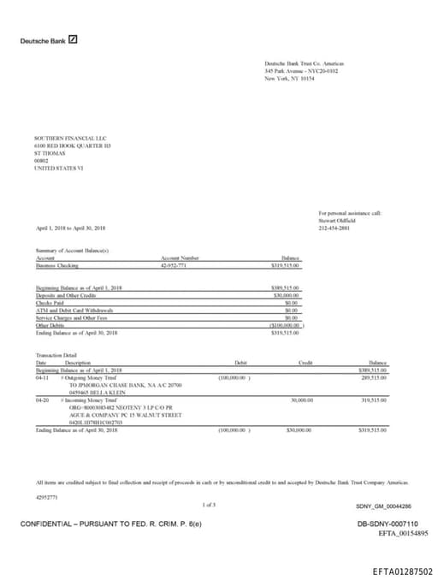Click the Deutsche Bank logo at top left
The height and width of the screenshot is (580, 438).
pos(49,39)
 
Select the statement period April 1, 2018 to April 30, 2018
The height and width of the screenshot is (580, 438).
pos(71,228)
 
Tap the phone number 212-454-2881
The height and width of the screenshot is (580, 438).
pos(334,228)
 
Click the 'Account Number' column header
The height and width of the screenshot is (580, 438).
pos(180,257)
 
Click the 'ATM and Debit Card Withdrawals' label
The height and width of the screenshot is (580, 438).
pos(74,310)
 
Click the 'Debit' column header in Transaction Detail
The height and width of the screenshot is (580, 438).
pos(240,363)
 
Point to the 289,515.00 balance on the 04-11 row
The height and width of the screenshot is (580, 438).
pos(374,376)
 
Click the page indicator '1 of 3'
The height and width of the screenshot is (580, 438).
pos(210,505)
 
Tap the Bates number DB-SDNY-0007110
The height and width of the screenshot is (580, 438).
pos(388,524)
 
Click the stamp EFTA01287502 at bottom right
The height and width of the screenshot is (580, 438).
pos(402,571)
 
